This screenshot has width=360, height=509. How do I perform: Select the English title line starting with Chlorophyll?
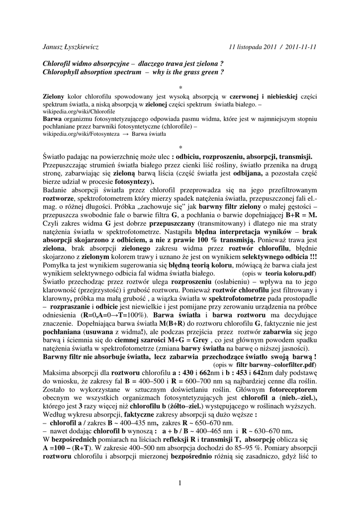[x=133, y=73]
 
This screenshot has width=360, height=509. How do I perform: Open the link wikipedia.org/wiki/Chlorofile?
[x=79, y=112]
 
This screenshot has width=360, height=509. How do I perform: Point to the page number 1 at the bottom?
[x=180, y=483]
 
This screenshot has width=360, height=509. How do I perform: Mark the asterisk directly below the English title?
[x=180, y=87]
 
